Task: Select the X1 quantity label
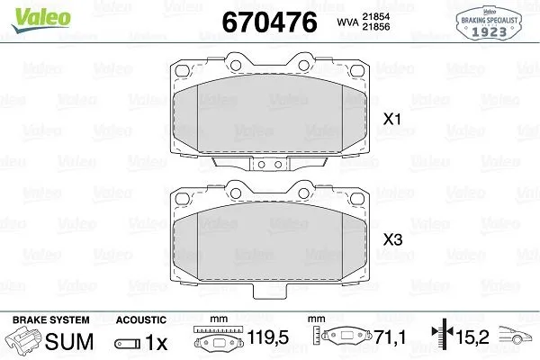392,118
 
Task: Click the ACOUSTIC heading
141,319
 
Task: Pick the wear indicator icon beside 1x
127,344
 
